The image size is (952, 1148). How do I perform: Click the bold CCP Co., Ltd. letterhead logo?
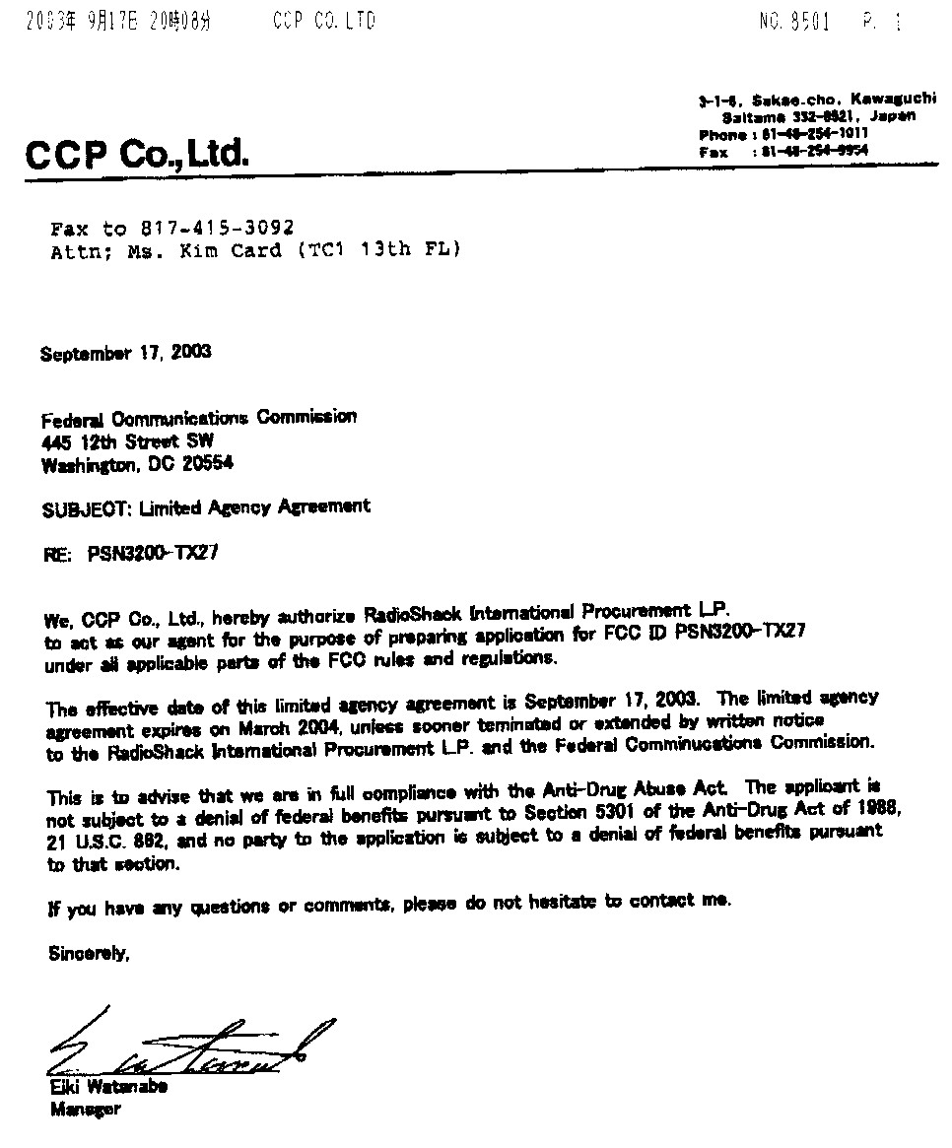137,156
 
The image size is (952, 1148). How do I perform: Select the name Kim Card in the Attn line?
234,251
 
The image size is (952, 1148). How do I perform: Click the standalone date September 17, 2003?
125,352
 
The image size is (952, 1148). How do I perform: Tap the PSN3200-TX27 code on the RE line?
153,554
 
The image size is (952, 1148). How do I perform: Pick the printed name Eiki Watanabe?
108,1088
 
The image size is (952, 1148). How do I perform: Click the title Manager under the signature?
85,1110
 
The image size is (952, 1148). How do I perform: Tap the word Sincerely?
89,953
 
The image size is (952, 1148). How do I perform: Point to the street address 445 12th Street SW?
127,441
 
